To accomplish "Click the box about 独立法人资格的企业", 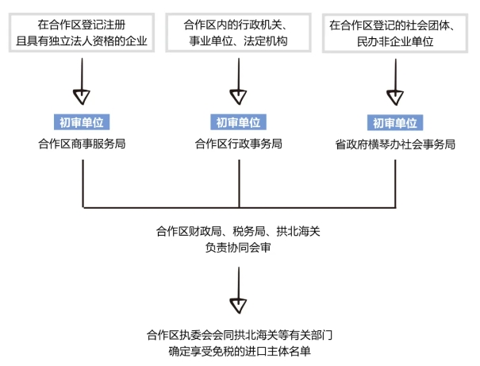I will (82, 32).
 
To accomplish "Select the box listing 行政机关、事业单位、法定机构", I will (238, 32).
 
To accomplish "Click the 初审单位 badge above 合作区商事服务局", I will (82, 122).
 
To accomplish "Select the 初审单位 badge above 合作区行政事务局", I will (238, 122).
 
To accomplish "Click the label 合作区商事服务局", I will (82, 144).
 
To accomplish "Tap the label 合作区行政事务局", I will (238, 144).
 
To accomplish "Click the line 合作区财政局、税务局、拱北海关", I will (238, 231).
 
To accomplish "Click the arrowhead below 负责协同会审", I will (238, 303).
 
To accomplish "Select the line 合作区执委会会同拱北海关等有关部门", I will (238, 334).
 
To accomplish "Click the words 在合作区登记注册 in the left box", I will (82, 24).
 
